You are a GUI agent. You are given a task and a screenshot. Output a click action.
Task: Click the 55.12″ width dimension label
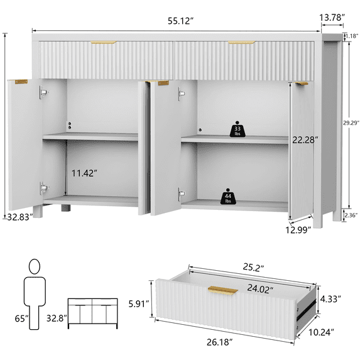[x=181, y=21]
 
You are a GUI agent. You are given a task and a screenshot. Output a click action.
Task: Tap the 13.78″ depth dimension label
[x=332, y=18]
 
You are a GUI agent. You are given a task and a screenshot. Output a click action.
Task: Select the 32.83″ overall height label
[x=20, y=217]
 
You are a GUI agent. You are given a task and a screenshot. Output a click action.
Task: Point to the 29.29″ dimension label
[x=351, y=123]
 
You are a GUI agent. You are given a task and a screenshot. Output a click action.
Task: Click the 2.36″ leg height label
[x=351, y=215]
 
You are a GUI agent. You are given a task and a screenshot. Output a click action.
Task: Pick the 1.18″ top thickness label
[x=352, y=36]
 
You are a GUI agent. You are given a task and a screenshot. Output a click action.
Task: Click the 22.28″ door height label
[x=305, y=140]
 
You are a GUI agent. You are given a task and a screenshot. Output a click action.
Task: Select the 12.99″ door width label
[x=298, y=230]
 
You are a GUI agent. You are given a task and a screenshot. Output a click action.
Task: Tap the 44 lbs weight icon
[x=228, y=197]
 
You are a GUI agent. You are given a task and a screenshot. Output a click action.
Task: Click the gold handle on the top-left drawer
[x=103, y=43]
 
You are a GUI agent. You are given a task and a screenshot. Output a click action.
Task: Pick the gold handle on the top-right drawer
[x=241, y=43]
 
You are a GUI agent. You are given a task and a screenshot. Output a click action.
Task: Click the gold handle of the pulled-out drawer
[x=222, y=290]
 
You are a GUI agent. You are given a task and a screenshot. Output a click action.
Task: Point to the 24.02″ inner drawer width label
[x=260, y=288]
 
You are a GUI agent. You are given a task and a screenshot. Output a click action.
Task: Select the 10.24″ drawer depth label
[x=321, y=332]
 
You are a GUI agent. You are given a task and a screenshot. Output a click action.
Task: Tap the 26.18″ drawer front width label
[x=220, y=342]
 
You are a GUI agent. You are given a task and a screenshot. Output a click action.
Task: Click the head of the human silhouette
[x=35, y=266]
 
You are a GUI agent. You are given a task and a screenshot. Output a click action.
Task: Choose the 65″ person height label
[x=22, y=319]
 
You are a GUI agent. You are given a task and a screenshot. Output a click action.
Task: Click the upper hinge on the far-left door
[x=43, y=92]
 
